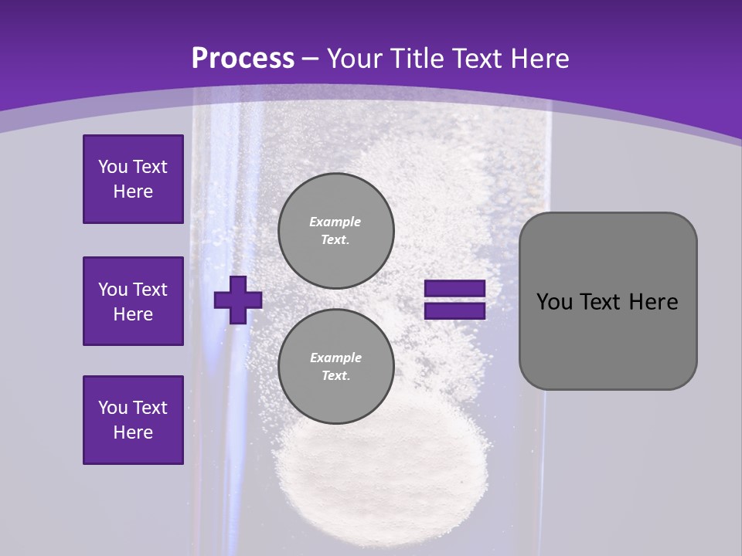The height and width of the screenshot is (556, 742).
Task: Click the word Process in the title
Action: [x=243, y=59]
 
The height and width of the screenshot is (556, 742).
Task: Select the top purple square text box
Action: [x=133, y=179]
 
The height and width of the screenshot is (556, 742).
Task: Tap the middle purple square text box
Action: [x=133, y=301]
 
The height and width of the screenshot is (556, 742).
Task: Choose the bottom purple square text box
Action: [x=133, y=420]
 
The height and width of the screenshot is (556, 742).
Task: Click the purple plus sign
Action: [x=238, y=300]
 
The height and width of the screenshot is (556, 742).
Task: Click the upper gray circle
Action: [x=335, y=230]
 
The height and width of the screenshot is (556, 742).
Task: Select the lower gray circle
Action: [x=335, y=366]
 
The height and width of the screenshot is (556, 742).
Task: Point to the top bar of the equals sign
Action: [x=454, y=289]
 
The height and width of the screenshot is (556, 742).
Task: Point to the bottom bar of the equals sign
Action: [x=454, y=310]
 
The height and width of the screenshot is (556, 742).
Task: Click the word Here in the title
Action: [x=541, y=59]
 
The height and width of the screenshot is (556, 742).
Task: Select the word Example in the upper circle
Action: [x=335, y=222]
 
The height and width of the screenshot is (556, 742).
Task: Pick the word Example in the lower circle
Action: [x=335, y=358]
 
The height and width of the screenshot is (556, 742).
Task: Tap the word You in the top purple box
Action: [x=112, y=167]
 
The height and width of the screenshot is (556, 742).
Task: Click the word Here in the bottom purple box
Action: [x=133, y=432]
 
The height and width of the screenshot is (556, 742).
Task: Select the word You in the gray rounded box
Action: [x=554, y=302]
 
